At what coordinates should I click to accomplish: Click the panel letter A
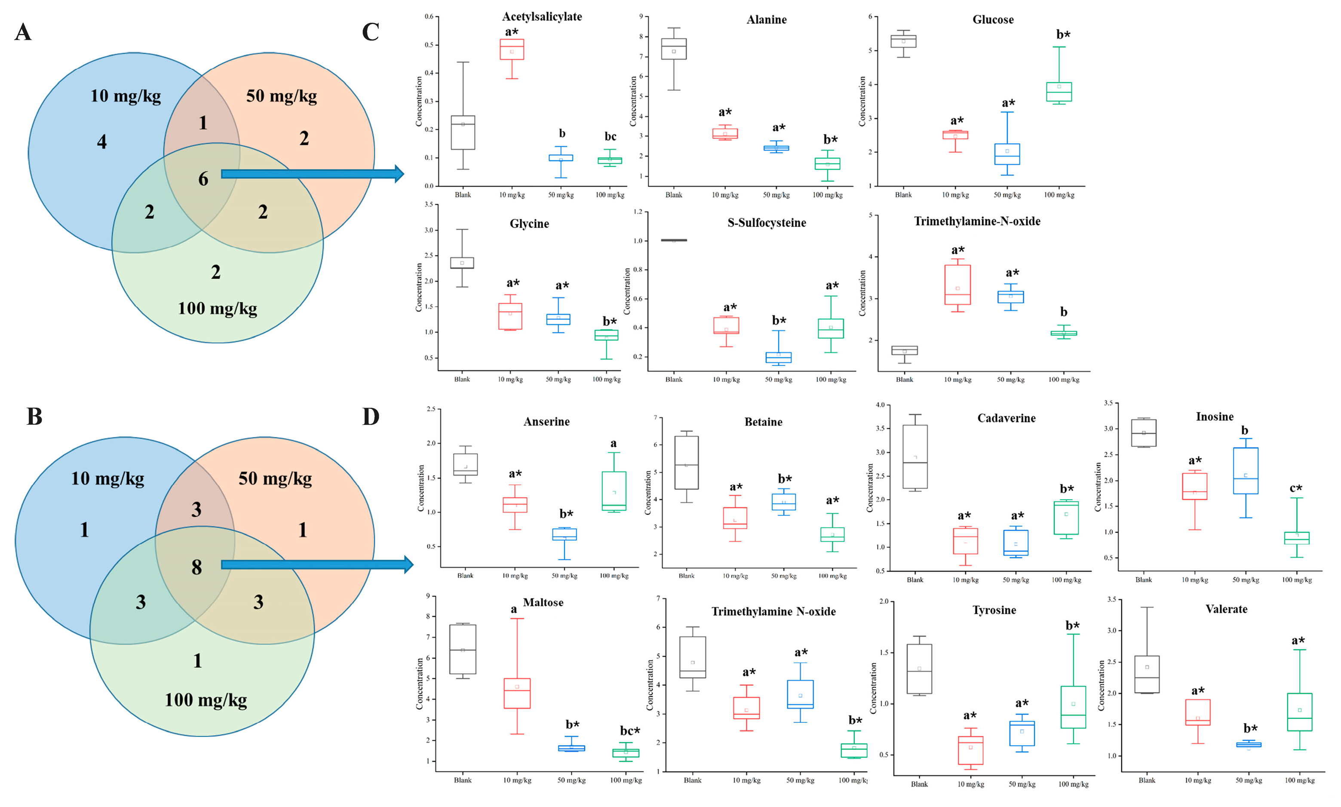(23, 33)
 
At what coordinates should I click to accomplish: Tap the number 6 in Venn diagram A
(203, 179)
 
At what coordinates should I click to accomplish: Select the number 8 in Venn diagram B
(197, 568)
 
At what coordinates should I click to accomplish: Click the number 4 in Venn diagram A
(102, 142)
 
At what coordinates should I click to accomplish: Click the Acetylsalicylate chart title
(542, 17)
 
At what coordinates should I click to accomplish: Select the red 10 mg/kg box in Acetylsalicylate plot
(512, 49)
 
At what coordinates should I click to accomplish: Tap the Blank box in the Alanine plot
(674, 49)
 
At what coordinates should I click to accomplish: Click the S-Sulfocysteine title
(767, 223)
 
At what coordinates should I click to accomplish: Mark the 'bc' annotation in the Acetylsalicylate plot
(610, 136)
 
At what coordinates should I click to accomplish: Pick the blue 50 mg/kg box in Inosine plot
(1245, 471)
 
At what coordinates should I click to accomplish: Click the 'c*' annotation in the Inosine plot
(1296, 488)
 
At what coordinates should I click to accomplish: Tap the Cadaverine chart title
(1006, 418)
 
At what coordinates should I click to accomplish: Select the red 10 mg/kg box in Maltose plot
(517, 693)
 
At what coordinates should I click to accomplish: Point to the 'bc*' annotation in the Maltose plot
(630, 731)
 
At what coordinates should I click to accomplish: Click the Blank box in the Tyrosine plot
(919, 669)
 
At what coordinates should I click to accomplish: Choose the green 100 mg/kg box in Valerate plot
(1299, 712)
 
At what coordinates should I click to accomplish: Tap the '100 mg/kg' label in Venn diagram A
(218, 309)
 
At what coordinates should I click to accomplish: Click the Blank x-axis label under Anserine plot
(465, 575)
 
